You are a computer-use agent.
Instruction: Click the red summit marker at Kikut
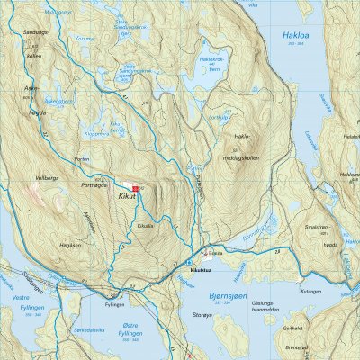[x=134, y=187]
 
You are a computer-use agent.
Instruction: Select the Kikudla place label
[x=145, y=225]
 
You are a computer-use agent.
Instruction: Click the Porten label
[x=84, y=161]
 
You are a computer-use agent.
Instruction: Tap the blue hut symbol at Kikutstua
[x=205, y=254]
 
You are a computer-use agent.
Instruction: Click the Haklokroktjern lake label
[x=211, y=58]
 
